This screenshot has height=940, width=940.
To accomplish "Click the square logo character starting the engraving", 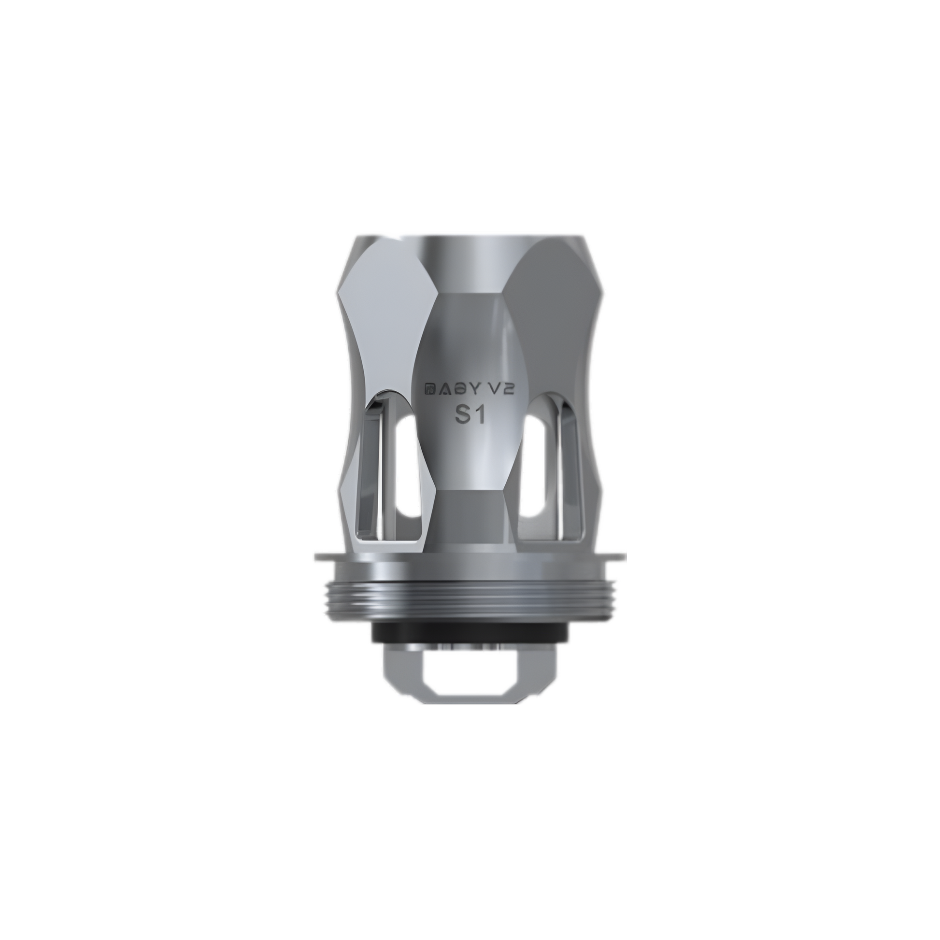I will click(430, 388).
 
